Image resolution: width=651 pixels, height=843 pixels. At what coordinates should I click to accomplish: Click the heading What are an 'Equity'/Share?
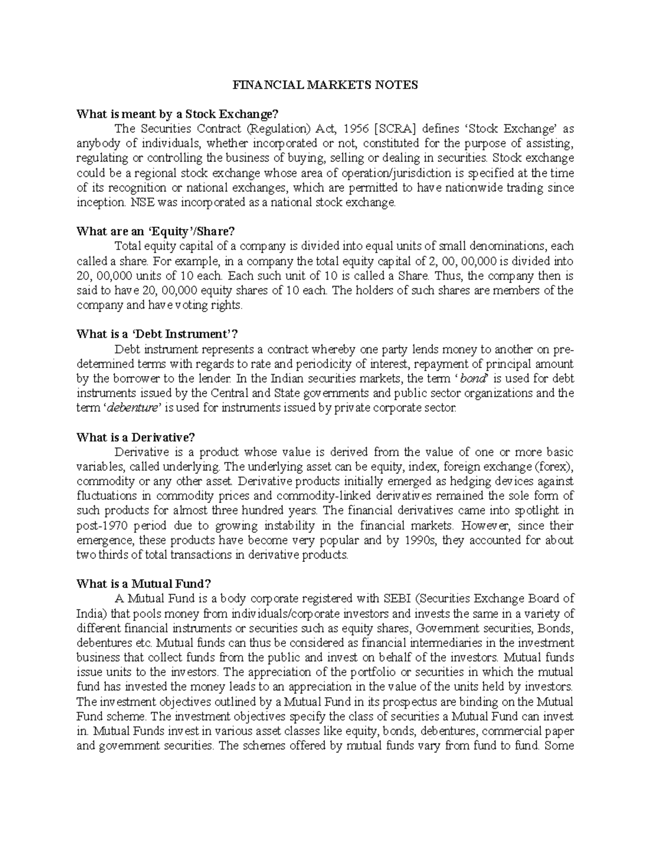click(x=157, y=232)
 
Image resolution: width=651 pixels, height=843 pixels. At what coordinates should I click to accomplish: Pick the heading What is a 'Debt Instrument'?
click(x=158, y=334)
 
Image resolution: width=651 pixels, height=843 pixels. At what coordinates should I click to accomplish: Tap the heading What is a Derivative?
click(x=136, y=438)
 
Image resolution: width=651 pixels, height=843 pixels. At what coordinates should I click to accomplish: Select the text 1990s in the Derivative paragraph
click(x=425, y=540)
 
